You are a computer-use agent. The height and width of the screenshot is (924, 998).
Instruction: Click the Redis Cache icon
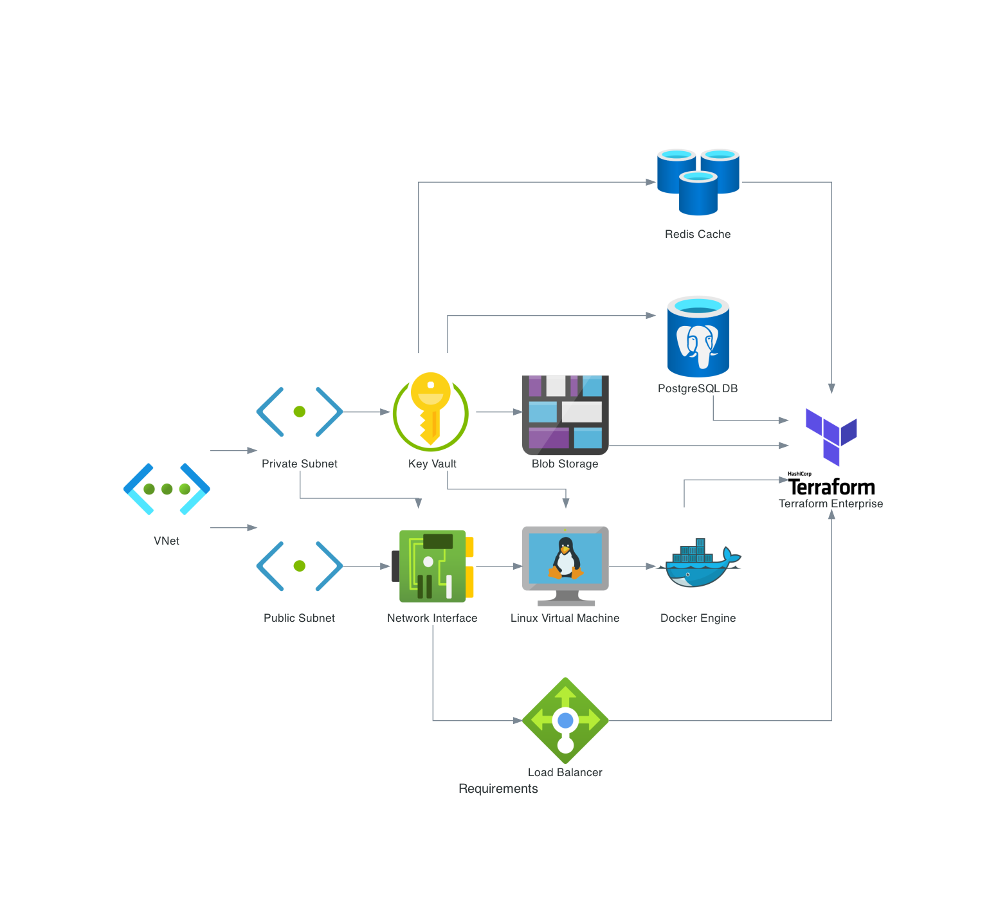click(698, 182)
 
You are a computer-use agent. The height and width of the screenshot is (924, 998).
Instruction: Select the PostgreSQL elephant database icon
click(698, 337)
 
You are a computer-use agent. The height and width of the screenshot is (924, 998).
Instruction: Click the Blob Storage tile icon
click(565, 414)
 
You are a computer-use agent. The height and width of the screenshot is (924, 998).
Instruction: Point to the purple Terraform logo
click(831, 436)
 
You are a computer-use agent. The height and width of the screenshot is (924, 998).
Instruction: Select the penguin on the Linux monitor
click(565, 558)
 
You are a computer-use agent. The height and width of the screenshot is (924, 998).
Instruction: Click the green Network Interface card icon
click(433, 566)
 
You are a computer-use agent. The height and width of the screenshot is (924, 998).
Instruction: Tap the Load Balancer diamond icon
click(565, 720)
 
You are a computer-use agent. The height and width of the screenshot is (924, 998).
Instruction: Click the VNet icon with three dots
click(167, 489)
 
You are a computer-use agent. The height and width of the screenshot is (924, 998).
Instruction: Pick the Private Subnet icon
click(300, 412)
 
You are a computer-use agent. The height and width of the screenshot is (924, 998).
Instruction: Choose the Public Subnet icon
click(300, 566)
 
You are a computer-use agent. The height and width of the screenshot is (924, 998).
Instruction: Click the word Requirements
click(498, 789)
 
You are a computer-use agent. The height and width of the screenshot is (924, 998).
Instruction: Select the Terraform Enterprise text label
click(831, 504)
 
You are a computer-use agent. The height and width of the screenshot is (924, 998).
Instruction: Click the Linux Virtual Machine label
click(565, 619)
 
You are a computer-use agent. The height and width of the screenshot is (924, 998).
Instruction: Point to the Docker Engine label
click(698, 619)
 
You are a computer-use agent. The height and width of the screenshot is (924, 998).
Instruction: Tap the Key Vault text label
click(432, 464)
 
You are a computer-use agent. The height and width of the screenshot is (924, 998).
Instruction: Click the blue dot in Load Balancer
click(565, 720)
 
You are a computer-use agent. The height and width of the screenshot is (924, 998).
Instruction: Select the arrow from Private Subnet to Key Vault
click(367, 412)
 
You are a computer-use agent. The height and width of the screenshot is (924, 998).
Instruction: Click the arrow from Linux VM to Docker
click(631, 566)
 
